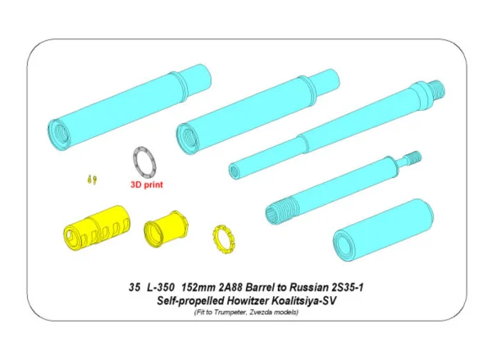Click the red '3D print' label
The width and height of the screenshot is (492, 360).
click(147, 185)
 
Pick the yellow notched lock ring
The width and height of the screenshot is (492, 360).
click(224, 239)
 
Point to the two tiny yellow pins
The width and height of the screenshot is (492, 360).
click(92, 180)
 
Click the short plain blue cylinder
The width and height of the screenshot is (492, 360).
click(383, 231)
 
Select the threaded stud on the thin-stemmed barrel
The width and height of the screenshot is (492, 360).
click(414, 157)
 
